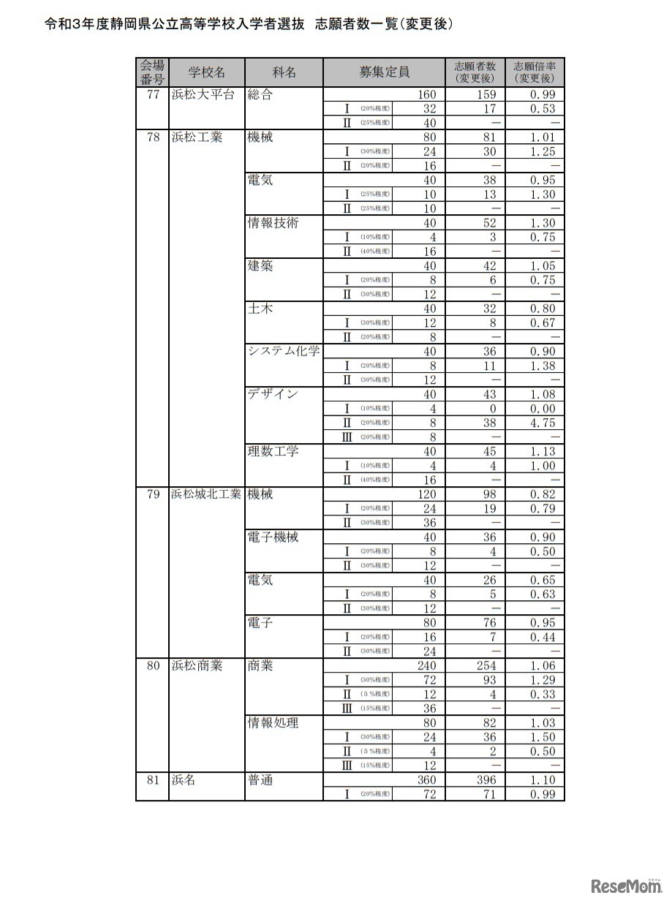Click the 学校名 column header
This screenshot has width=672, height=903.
pyautogui.click(x=206, y=72)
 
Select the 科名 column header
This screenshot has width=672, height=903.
pyautogui.click(x=284, y=72)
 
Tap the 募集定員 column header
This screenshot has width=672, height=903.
pyautogui.click(x=384, y=72)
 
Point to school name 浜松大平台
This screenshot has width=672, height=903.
pyautogui.click(x=203, y=94)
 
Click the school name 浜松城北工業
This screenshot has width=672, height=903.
pyautogui.click(x=206, y=494)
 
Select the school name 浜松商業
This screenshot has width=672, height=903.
pyautogui.click(x=197, y=665)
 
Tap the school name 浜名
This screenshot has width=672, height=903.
pyautogui.click(x=184, y=780)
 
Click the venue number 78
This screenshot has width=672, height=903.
pyautogui.click(x=153, y=137)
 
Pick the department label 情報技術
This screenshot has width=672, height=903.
pyautogui.click(x=273, y=223)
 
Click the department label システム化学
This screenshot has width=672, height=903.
pyautogui.click(x=284, y=351)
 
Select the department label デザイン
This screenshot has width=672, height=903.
pyautogui.click(x=273, y=394)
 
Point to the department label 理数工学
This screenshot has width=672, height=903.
pyautogui.click(x=273, y=451)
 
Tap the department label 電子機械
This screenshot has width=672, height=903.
pyautogui.click(x=273, y=537)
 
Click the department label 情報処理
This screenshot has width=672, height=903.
pyautogui.click(x=273, y=722)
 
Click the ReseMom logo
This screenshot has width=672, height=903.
pyautogui.click(x=626, y=886)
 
